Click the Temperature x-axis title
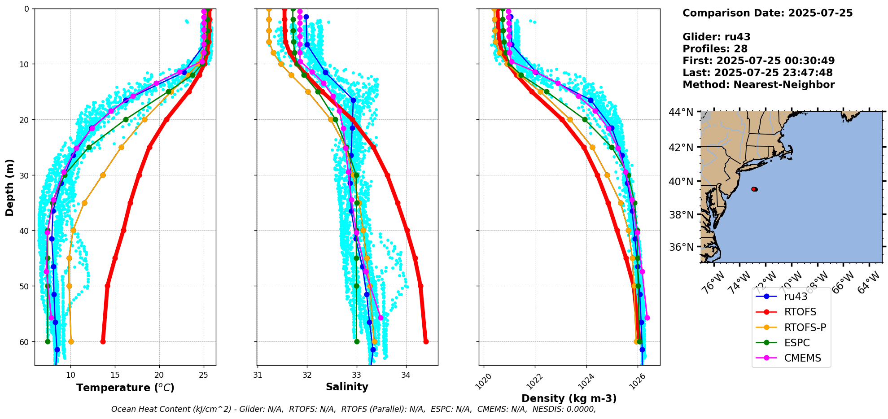tap(125, 388)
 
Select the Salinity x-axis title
tap(347, 387)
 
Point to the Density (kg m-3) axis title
tap(569, 398)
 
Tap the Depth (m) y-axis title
tap(10, 187)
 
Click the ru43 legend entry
tap(796, 297)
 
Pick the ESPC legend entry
tap(797, 343)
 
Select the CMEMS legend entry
tap(802, 358)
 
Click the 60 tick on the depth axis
tap(24, 342)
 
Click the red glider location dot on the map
tap(754, 189)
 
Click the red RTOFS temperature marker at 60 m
tap(103, 341)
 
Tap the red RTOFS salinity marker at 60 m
tap(426, 341)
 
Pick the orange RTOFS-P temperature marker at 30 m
tap(103, 175)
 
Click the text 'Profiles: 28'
tap(715, 48)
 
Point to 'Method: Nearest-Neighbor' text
tap(758, 84)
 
